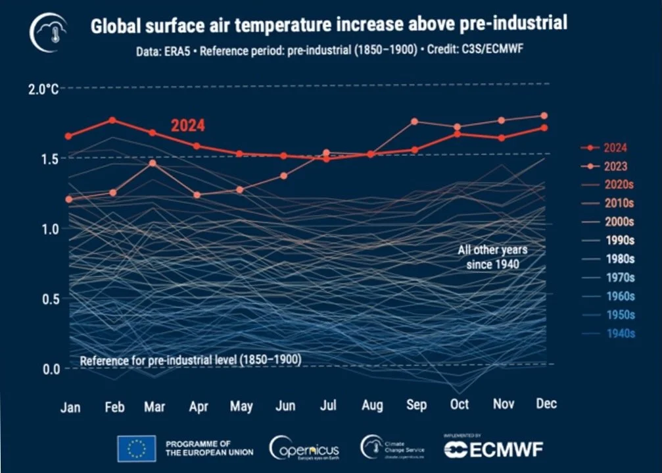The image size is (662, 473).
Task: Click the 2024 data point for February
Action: (x=112, y=120)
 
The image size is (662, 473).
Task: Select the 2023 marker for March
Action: (x=153, y=162)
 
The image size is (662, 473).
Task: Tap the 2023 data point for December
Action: (x=544, y=116)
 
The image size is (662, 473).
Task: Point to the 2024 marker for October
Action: (x=458, y=134)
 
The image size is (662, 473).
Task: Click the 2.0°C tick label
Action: (x=43, y=89)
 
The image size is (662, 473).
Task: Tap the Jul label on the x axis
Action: (x=328, y=405)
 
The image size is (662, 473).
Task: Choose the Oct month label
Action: (x=460, y=403)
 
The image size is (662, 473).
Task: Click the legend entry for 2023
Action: (x=605, y=166)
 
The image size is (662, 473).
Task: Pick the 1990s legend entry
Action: (x=605, y=240)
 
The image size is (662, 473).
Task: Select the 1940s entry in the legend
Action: (x=605, y=334)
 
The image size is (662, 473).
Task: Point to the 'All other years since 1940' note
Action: (x=492, y=257)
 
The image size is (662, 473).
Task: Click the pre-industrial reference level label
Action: (x=191, y=360)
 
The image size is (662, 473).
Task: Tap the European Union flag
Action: (x=136, y=449)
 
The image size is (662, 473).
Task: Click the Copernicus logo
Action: (x=304, y=449)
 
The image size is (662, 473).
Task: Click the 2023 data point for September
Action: (x=415, y=122)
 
